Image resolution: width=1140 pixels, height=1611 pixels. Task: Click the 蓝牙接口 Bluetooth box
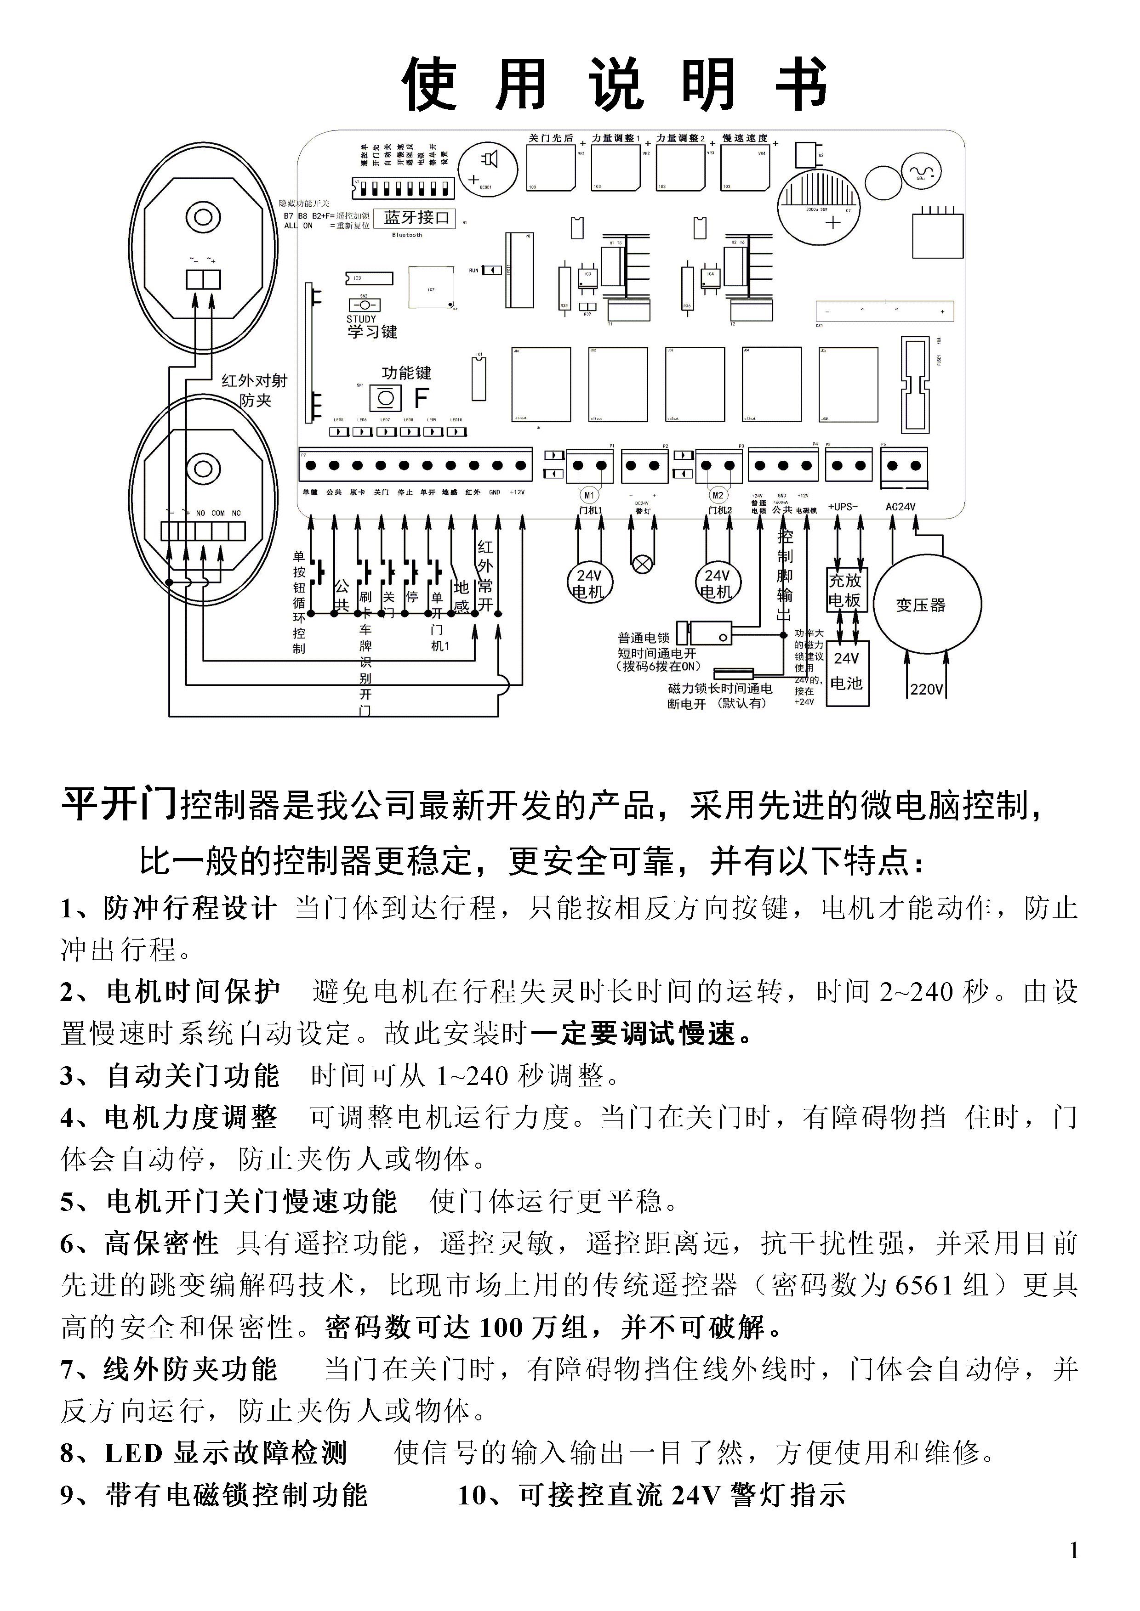416,218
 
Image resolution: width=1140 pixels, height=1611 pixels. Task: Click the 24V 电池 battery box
847,672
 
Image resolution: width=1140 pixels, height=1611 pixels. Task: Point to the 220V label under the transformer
927,690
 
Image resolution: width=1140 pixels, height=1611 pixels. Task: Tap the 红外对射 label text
254,381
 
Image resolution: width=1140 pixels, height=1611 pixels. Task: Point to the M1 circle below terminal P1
589,495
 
